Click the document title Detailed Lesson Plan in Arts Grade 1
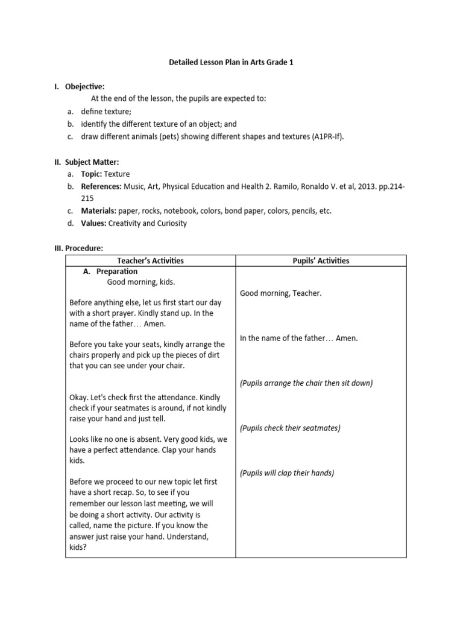pos(231,62)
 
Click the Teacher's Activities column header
pos(150,261)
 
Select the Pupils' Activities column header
pos(320,261)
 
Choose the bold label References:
pos(101,186)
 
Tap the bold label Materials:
pos(99,211)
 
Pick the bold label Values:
pos(93,223)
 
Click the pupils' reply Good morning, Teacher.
pos(281,293)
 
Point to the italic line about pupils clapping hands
pos(287,473)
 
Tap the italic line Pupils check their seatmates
pos(290,428)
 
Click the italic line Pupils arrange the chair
pos(306,383)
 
